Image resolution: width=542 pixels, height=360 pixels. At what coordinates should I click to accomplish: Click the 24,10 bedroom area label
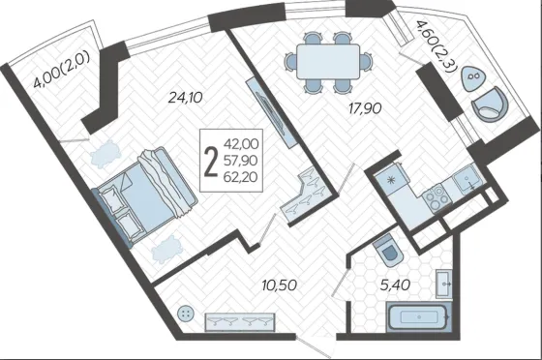(185, 98)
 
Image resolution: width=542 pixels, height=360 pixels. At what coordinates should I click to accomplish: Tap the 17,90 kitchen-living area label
(365, 108)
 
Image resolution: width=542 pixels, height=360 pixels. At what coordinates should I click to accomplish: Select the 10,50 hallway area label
(280, 285)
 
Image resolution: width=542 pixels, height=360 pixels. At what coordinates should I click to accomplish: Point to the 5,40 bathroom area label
(395, 285)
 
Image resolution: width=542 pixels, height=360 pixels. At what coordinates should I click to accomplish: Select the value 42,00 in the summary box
(241, 144)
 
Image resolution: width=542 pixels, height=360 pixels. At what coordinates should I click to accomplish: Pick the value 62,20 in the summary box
(241, 177)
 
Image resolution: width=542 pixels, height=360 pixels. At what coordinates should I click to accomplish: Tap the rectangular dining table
(328, 62)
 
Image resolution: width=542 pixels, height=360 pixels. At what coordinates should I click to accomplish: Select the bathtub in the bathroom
(419, 316)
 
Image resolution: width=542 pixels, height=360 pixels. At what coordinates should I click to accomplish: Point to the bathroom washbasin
(443, 284)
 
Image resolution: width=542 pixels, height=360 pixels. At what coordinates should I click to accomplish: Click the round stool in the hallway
(186, 314)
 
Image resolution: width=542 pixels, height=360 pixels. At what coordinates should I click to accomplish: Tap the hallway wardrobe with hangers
(240, 322)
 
